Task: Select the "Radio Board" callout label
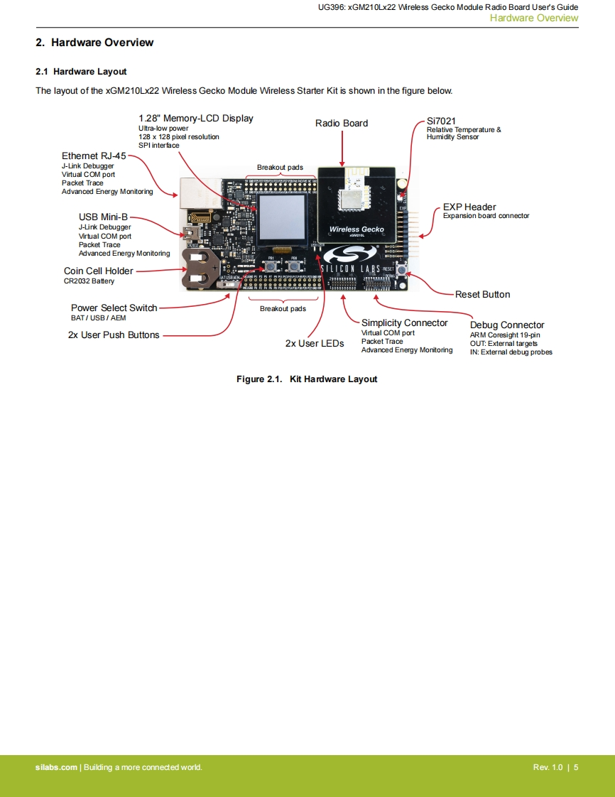342,124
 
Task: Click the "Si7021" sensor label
441,121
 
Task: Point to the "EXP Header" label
469,207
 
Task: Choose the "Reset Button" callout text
482,295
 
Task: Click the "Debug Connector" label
507,325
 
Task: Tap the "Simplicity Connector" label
404,323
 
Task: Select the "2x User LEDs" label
315,344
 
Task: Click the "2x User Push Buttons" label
114,335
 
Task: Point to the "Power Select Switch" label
114,308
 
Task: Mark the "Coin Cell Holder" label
98,271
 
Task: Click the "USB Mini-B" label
103,217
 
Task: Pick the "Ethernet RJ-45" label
94,156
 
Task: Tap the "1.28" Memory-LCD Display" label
195,119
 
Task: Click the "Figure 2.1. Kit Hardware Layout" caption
307,379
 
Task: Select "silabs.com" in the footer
56,767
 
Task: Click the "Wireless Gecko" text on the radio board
356,229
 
